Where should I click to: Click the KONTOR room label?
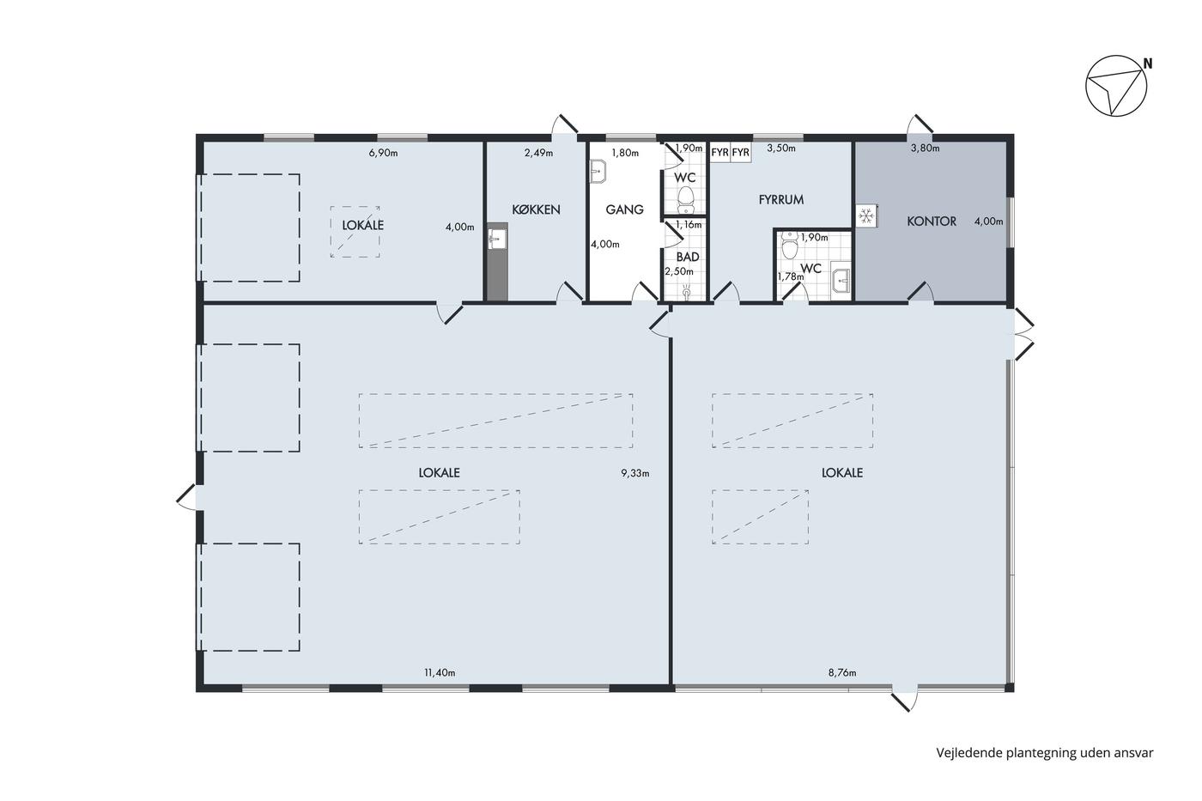point(932,221)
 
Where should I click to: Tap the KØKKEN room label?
point(536,209)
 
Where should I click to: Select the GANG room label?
point(625,209)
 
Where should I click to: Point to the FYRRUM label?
point(781,199)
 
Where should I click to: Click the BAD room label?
point(688,257)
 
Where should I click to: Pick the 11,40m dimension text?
point(440,673)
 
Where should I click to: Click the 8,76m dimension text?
point(842,673)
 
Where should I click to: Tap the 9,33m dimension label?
point(635,473)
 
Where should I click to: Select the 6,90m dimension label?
point(383,153)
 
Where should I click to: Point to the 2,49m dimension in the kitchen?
point(539,153)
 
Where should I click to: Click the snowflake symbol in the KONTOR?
point(865,215)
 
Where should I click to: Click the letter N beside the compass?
point(1148,64)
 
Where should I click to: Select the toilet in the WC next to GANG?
point(686,199)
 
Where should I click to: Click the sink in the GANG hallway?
point(598,172)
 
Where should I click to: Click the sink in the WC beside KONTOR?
point(841,279)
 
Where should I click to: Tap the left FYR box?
point(720,152)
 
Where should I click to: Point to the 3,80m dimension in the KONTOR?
point(926,148)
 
